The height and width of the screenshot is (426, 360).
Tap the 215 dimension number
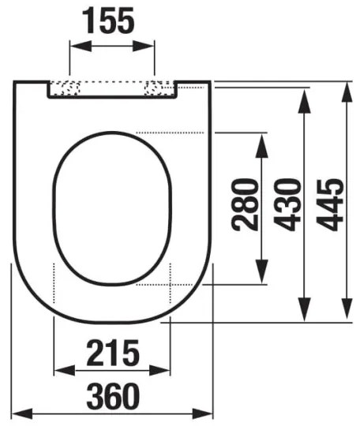pyautogui.click(x=111, y=350)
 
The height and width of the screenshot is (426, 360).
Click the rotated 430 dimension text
pyautogui.click(x=288, y=204)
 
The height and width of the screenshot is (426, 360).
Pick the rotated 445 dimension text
pyautogui.click(x=331, y=204)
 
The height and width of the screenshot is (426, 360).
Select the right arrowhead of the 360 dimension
pyautogui.click(x=207, y=413)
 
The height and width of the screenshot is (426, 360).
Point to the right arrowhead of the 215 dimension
pyautogui.click(x=163, y=371)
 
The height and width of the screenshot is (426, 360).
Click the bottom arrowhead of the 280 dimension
pyautogui.click(x=263, y=278)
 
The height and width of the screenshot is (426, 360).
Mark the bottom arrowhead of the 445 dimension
pyautogui.click(x=347, y=312)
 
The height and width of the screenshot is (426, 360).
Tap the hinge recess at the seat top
pyautogui.click(x=112, y=88)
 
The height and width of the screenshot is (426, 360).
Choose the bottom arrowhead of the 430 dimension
pyautogui.click(x=304, y=312)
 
